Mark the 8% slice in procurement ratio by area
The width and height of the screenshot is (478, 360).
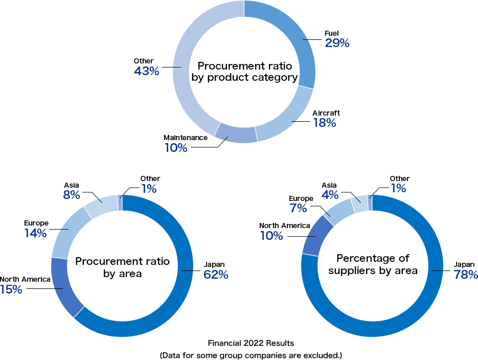coord(101,205)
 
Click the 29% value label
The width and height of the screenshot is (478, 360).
coord(337,43)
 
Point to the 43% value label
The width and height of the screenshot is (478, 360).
coord(146,72)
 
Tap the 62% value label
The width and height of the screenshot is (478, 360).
coord(216,275)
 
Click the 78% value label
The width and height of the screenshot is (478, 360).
coord(465,275)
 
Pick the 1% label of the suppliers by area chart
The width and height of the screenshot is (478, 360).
coord(398,188)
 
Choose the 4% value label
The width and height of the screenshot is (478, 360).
coord(330,195)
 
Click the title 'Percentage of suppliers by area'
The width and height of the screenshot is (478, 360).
coord(373,264)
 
